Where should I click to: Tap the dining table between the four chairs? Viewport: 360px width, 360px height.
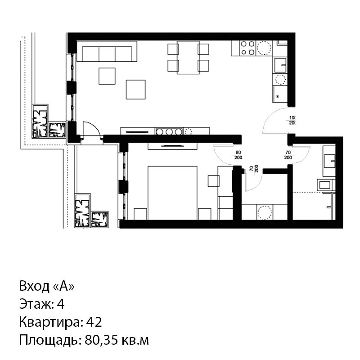(188, 58)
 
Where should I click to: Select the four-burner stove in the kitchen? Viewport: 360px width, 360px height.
(248, 48)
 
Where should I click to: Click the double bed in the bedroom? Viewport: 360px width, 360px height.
(172, 193)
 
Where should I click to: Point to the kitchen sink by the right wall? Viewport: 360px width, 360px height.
(280, 65)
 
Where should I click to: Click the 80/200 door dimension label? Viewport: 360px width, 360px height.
(238, 155)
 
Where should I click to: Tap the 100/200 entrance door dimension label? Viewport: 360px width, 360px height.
(292, 120)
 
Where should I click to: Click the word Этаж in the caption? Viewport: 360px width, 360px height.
(36, 304)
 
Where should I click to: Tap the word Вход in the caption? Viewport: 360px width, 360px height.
(34, 286)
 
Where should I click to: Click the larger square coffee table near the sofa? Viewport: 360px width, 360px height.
(136, 90)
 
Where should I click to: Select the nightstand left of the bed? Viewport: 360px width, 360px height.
(140, 214)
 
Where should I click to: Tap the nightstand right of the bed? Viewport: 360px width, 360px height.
(205, 214)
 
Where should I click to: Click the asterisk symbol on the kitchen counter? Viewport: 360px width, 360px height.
(278, 96)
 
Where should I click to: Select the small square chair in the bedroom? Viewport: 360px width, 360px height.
(213, 181)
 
